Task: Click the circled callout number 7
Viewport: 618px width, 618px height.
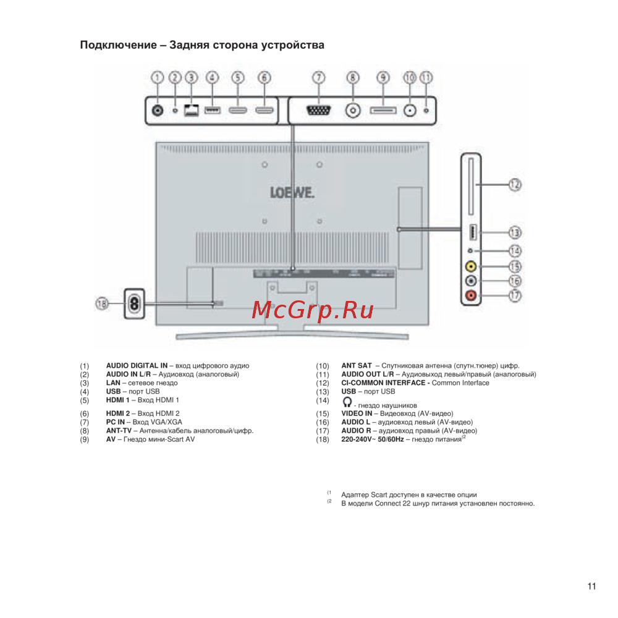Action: coord(318,78)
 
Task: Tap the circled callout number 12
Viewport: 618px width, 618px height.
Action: coord(514,184)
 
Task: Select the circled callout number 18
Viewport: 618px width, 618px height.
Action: coord(103,303)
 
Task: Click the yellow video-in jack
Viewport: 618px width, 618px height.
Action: coord(472,266)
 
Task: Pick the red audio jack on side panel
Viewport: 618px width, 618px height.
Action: coord(472,295)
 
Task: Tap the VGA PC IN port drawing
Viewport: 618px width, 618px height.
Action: coord(318,111)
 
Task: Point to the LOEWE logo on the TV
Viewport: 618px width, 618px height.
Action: coord(292,193)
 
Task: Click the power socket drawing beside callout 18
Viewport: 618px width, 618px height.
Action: coord(133,303)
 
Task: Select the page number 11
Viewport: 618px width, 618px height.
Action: coord(591,587)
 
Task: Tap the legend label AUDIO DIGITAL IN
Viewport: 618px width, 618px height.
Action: coord(137,366)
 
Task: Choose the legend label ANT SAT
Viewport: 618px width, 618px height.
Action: coord(357,366)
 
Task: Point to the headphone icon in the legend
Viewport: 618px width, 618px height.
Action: coord(347,401)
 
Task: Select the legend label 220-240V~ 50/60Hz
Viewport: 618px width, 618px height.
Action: coord(372,440)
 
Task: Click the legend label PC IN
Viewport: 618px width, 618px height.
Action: coord(117,422)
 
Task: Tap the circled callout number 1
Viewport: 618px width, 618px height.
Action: coord(158,78)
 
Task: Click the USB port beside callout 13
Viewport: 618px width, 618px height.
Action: coord(471,232)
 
